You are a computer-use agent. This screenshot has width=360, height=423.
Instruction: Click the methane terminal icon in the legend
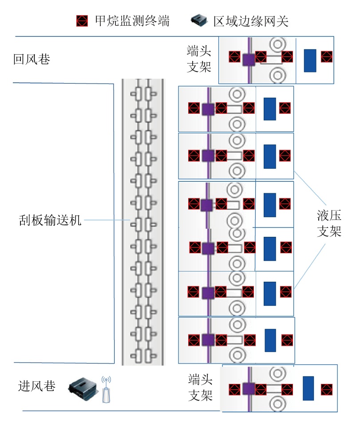click(x=82, y=20)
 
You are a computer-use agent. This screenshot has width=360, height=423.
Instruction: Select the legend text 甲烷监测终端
click(x=132, y=21)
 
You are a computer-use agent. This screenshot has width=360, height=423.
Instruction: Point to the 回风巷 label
click(x=32, y=59)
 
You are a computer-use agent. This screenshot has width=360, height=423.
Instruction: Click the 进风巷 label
click(x=37, y=386)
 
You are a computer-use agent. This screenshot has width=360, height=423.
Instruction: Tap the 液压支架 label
click(x=329, y=224)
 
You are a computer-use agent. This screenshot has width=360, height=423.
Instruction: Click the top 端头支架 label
click(x=199, y=59)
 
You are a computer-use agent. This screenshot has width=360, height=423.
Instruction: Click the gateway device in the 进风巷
click(x=83, y=387)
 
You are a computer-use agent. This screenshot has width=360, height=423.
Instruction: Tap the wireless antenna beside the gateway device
click(x=106, y=390)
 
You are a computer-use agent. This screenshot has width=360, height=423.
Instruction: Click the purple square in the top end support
click(x=248, y=59)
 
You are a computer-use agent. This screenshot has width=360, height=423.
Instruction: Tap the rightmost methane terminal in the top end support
click(x=326, y=57)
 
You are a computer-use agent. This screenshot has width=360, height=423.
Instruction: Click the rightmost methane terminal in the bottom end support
click(x=327, y=389)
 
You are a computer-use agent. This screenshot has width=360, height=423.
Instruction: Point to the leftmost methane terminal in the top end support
click(x=234, y=57)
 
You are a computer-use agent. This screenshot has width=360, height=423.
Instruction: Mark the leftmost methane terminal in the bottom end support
click(x=234, y=390)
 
